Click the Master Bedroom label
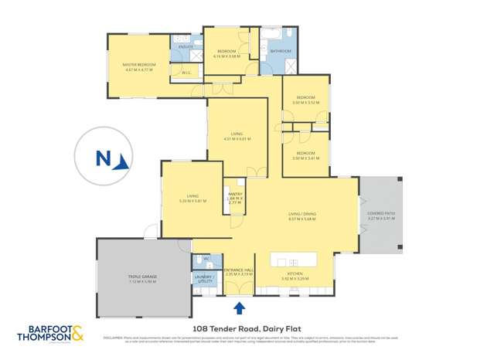tap(140, 64)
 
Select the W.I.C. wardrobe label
tap(185, 73)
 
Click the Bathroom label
tap(281, 51)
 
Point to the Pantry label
tap(234, 194)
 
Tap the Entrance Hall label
tap(239, 270)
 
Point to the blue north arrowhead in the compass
tap(122, 161)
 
